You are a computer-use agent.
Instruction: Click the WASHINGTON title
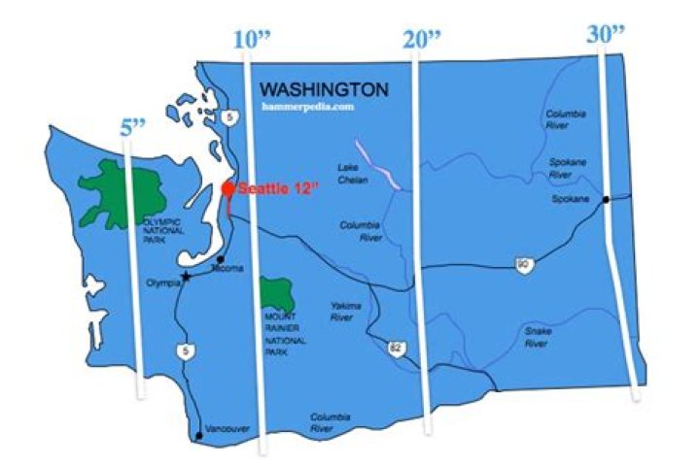pyautogui.click(x=325, y=89)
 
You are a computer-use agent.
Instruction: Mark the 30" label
pyautogui.click(x=607, y=35)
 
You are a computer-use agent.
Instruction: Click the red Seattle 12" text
pyautogui.click(x=280, y=189)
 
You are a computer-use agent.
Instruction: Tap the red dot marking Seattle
pyautogui.click(x=228, y=188)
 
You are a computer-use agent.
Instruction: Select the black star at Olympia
pyautogui.click(x=186, y=276)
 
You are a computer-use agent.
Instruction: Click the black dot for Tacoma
pyautogui.click(x=222, y=259)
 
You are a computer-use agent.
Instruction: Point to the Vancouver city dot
pyautogui.click(x=199, y=435)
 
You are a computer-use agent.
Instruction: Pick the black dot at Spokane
pyautogui.click(x=605, y=200)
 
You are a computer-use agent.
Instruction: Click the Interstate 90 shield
pyautogui.click(x=523, y=264)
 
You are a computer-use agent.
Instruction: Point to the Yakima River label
pyautogui.click(x=346, y=311)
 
